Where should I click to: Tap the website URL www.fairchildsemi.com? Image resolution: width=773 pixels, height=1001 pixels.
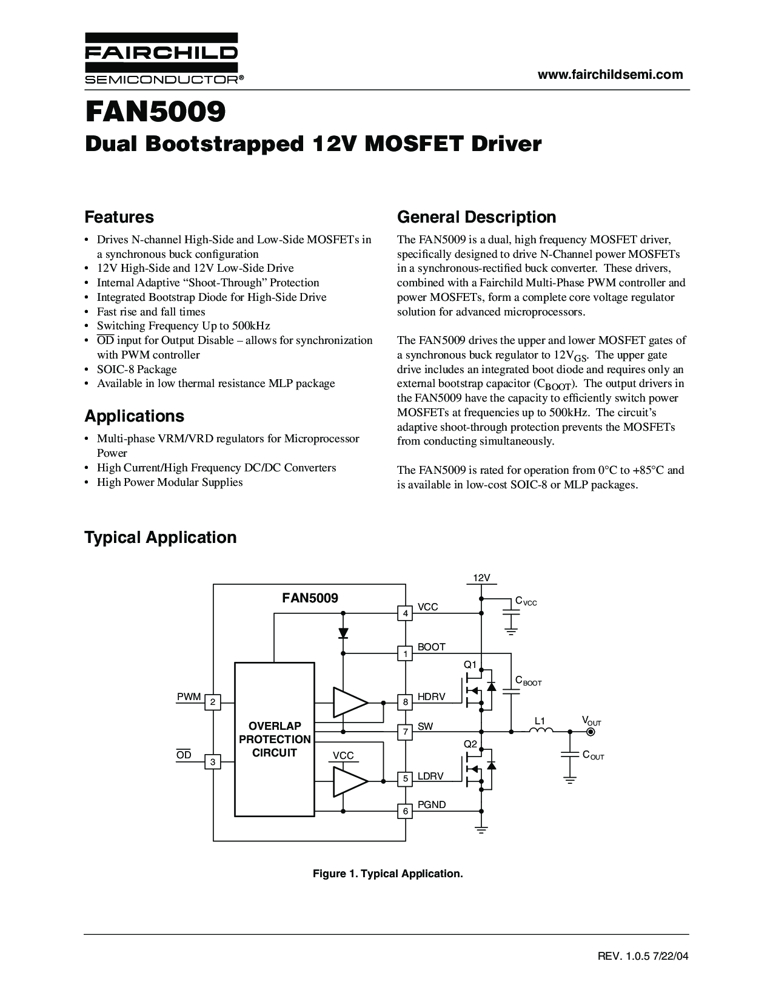610,75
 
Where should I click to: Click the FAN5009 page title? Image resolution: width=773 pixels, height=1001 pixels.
156,112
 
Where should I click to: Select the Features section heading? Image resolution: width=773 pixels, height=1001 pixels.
119,217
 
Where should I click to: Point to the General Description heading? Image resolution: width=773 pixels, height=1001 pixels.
477,217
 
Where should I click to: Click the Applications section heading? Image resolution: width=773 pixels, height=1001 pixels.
135,416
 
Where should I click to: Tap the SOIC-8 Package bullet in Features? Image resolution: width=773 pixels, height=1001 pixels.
137,369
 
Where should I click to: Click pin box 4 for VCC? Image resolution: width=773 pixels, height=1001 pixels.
405,613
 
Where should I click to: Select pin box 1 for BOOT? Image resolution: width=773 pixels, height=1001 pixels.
405,653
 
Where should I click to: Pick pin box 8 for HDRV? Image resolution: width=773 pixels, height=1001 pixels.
405,703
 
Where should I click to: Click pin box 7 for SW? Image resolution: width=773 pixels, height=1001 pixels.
405,732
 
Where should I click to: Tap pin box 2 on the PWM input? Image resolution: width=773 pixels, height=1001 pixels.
213,703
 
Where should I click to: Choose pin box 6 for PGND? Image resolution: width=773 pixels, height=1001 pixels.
405,811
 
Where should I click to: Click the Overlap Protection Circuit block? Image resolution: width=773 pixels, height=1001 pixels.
275,740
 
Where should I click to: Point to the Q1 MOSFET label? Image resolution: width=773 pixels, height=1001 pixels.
470,665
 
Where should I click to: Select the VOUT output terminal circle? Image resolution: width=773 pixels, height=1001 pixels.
591,732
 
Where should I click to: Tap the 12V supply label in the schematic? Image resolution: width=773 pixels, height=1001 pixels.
481,578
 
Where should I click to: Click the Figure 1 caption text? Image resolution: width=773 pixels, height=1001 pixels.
387,874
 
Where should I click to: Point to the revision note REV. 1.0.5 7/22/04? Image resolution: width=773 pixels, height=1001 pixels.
643,956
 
